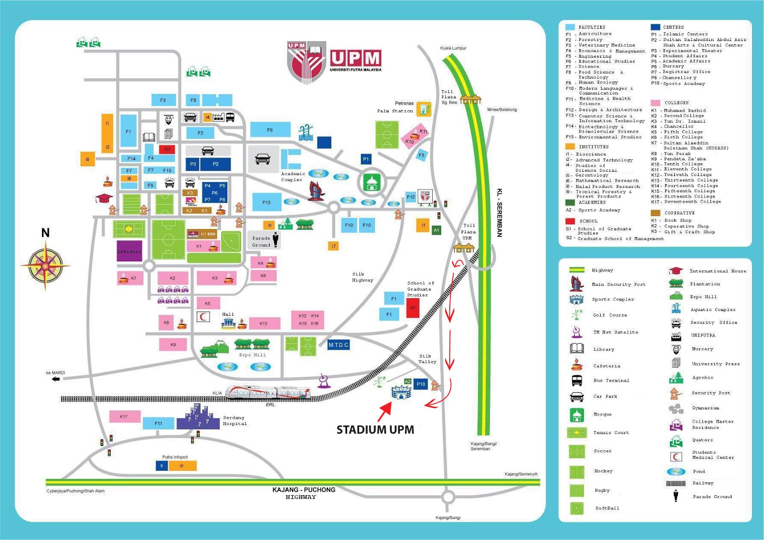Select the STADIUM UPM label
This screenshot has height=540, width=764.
[x=375, y=430]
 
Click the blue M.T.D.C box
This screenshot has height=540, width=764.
[x=339, y=345]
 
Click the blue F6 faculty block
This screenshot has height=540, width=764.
[x=270, y=130]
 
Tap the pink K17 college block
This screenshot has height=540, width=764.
[x=124, y=417]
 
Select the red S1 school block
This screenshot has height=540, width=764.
[x=413, y=308]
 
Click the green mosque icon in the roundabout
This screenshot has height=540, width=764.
[x=371, y=182]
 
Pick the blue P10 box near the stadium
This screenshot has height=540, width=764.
[x=421, y=384]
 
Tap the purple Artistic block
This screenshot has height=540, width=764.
[x=129, y=251]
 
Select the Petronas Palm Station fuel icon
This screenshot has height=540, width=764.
[x=424, y=109]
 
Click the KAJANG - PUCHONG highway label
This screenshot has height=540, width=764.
[x=304, y=490]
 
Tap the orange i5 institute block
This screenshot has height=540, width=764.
[x=87, y=159]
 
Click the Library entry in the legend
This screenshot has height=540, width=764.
[x=604, y=349]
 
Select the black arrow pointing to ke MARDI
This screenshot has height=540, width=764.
[x=56, y=379]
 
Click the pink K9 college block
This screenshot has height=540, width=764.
[x=173, y=344]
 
